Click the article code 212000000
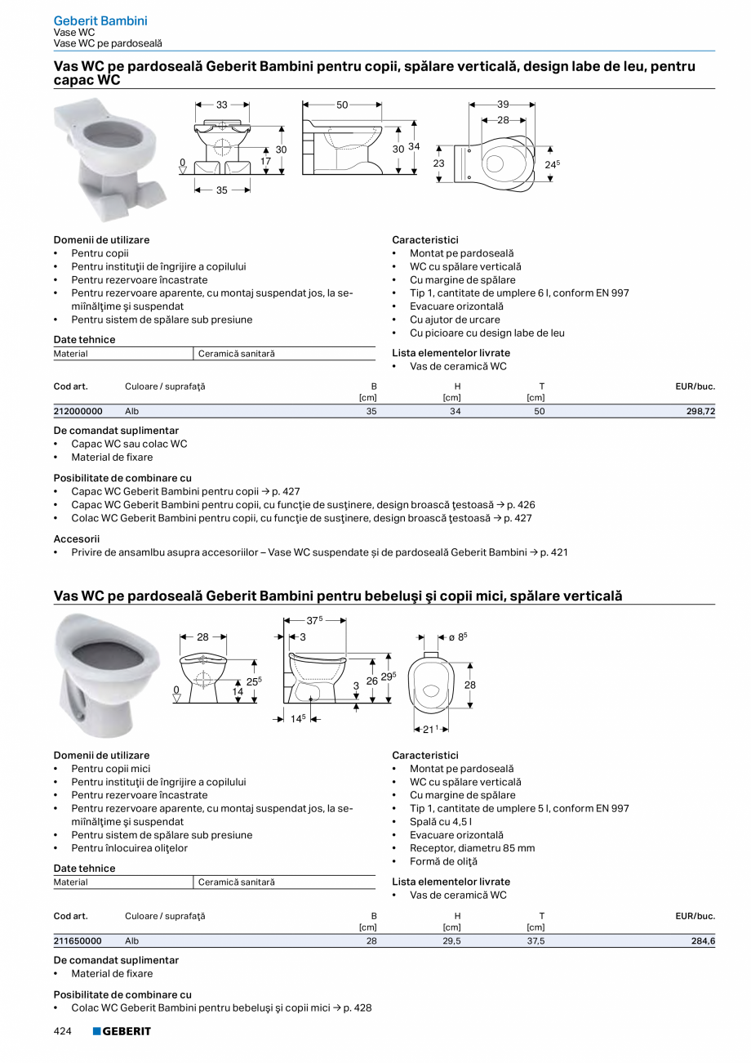tap(78, 412)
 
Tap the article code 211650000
tap(78, 941)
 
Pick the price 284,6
tap(703, 941)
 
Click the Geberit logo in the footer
tap(122, 1031)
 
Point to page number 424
tap(63, 1031)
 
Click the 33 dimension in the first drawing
tap(222, 105)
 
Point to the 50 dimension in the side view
tap(342, 105)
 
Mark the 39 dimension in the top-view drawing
tap(503, 105)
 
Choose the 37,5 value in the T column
tap(535, 941)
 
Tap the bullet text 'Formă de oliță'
tap(443, 861)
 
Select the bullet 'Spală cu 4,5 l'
tap(441, 821)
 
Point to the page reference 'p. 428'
tap(358, 1007)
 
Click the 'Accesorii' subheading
tap(77, 539)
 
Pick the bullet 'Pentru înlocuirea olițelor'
tap(129, 848)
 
